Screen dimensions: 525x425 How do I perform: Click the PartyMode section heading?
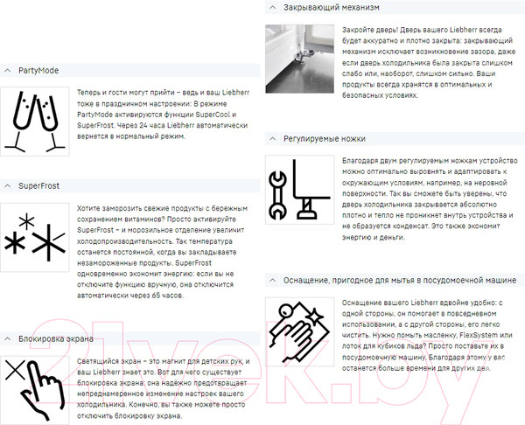[38, 71]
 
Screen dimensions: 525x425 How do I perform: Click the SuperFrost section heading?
[38, 185]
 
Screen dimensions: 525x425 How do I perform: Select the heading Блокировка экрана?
[56, 338]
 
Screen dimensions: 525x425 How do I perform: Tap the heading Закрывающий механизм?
[332, 7]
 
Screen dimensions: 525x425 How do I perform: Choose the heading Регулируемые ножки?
[325, 138]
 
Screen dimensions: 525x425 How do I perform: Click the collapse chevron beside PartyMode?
[8, 71]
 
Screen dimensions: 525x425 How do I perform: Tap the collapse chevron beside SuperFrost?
[8, 185]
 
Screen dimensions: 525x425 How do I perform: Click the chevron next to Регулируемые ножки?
[273, 138]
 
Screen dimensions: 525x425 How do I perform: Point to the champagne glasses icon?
[35, 122]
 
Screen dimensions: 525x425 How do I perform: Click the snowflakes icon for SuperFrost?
[35, 237]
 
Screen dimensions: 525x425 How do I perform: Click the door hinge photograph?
[299, 59]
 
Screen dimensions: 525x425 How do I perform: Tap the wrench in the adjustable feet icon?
[277, 195]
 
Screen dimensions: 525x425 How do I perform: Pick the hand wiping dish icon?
[299, 331]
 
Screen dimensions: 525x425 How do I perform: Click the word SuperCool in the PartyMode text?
[213, 115]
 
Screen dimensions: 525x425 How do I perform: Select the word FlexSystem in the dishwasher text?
[479, 335]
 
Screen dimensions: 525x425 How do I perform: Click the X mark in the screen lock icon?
[16, 370]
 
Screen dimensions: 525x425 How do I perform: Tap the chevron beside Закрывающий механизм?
[273, 7]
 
